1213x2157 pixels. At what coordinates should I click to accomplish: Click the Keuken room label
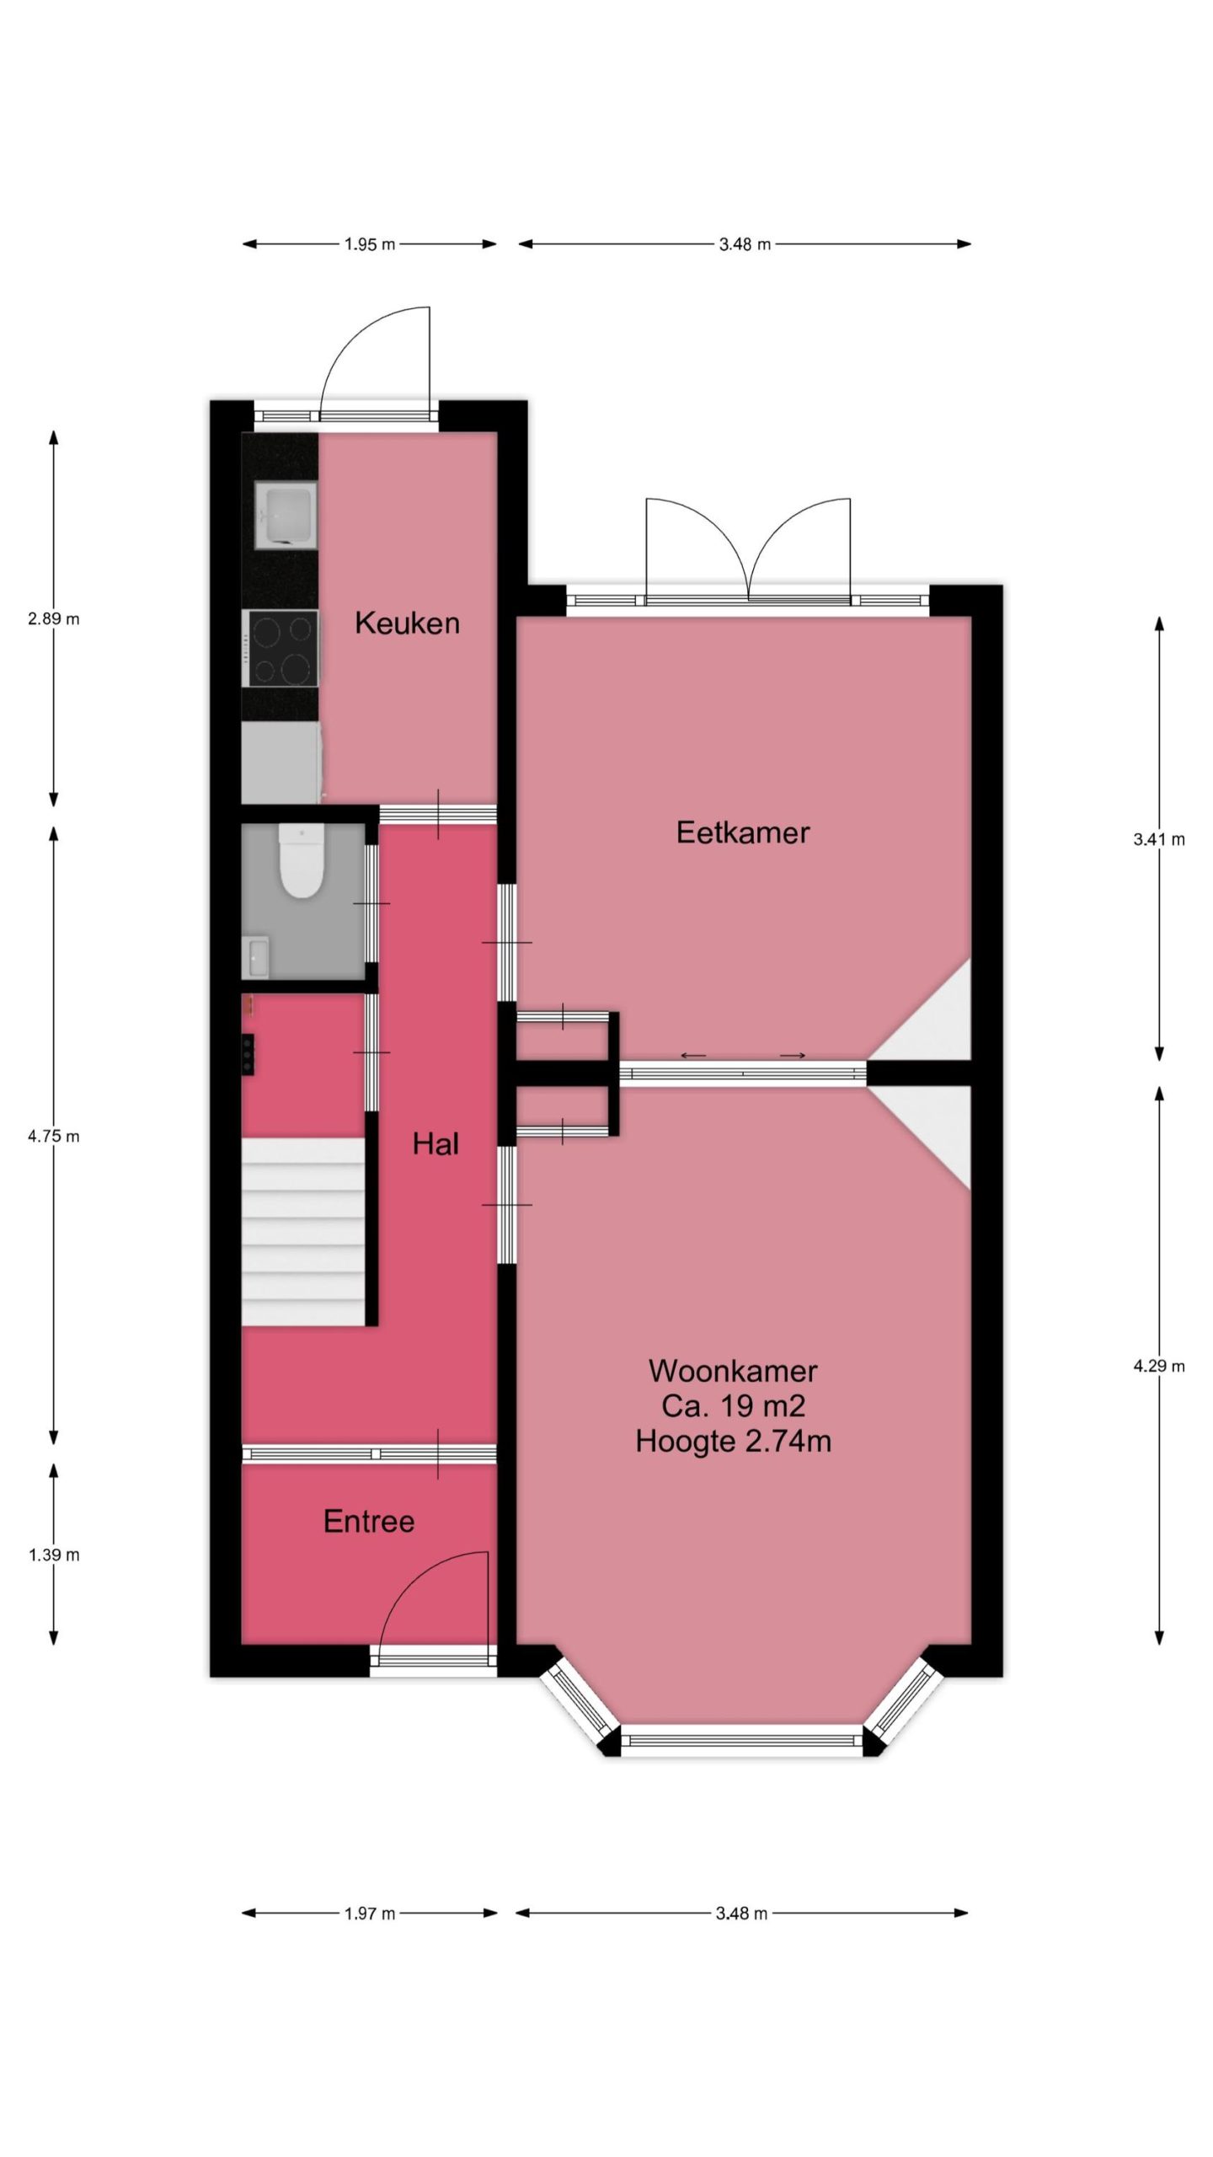click(407, 624)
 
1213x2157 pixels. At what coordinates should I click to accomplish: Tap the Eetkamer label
click(743, 832)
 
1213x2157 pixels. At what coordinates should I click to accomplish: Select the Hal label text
click(436, 1143)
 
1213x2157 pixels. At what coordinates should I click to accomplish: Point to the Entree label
click(369, 1521)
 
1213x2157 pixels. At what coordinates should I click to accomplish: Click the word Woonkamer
click(733, 1371)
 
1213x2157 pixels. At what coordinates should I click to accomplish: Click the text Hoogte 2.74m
click(733, 1441)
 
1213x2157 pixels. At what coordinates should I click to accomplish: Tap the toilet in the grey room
click(302, 861)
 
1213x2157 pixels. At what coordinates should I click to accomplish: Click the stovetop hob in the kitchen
click(281, 648)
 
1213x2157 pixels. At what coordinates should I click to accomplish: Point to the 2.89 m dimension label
click(54, 618)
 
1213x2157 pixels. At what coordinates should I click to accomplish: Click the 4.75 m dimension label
click(54, 1136)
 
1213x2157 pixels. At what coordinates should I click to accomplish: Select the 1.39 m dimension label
click(54, 1555)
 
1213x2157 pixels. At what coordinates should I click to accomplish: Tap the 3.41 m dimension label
click(1159, 839)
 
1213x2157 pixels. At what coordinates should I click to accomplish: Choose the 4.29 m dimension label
click(1159, 1367)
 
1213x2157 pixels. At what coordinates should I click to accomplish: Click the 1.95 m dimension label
click(370, 244)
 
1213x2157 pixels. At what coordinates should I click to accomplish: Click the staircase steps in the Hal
click(303, 1232)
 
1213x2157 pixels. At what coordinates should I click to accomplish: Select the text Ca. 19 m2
click(733, 1405)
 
